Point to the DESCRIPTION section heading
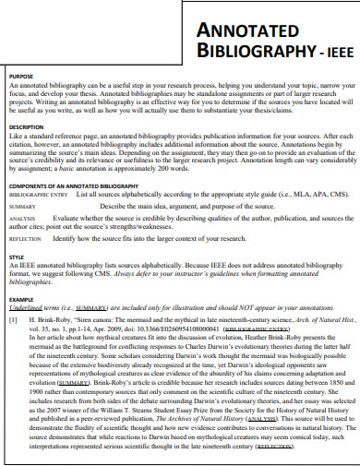coord(26,126)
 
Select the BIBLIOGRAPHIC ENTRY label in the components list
coord(39,195)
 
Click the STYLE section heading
coord(16,257)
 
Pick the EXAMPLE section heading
coord(21,300)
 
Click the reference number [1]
coord(14,319)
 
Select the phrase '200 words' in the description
coord(219,171)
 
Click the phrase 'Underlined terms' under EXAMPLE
coord(34,309)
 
